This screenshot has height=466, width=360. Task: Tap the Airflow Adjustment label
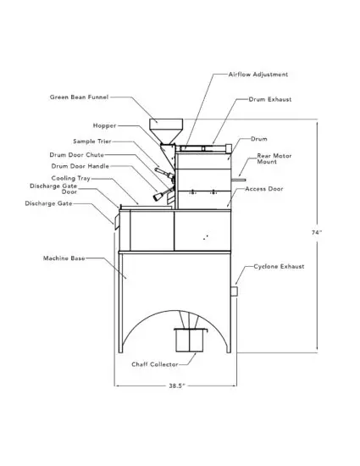[258, 75]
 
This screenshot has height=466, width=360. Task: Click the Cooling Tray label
[70, 179]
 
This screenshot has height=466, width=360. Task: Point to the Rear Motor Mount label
[272, 160]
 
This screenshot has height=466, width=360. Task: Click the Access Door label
[264, 189]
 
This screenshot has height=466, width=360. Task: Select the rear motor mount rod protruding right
[241, 180]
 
